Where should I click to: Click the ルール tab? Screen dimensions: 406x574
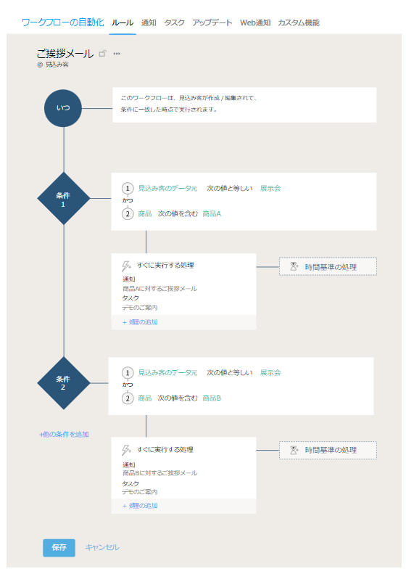123,22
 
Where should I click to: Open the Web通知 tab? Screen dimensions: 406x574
255,22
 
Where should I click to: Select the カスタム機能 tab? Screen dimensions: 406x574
299,22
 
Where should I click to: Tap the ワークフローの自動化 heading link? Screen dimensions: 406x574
63,22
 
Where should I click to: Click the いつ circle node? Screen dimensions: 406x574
63,108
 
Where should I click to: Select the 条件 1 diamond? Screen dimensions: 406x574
64,198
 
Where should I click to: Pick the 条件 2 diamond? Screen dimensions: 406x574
64,383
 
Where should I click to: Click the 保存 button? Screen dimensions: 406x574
59,548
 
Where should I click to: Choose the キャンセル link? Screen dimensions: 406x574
102,547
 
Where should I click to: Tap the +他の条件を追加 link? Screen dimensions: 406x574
64,435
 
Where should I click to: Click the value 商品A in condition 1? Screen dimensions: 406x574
212,214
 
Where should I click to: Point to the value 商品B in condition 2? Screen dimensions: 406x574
212,398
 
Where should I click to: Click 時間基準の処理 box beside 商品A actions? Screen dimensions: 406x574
328,266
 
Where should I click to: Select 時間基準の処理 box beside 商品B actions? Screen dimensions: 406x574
328,450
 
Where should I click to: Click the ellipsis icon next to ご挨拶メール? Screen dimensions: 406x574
117,54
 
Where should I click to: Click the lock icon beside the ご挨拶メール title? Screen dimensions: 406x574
103,54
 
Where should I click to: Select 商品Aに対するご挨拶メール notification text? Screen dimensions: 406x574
159,289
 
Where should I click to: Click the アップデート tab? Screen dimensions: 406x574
212,22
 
